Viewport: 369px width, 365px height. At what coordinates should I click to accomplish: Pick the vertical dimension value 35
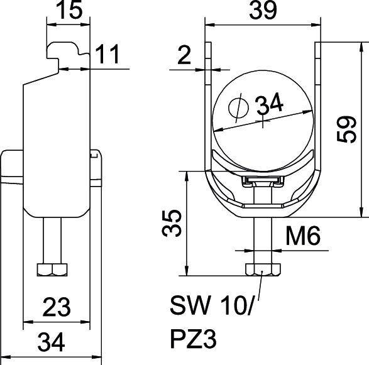tap(172, 222)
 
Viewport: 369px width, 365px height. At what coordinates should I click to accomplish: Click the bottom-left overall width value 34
tap(53, 343)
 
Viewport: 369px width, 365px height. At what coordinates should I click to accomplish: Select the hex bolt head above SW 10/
tap(260, 270)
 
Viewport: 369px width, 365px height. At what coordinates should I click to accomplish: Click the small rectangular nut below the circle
tap(261, 182)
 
